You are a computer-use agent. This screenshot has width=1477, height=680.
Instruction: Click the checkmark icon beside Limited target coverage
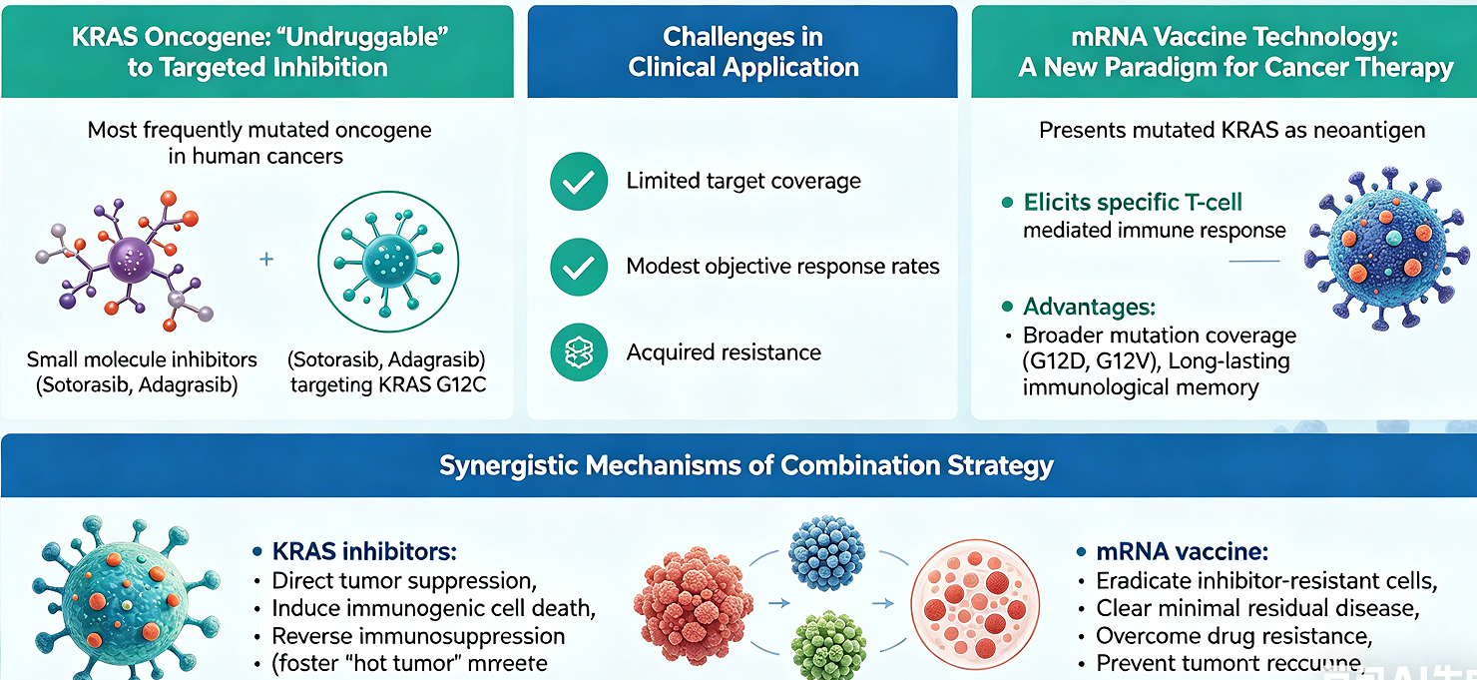pyautogui.click(x=579, y=182)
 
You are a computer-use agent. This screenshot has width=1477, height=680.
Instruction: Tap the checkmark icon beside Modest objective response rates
pyautogui.click(x=579, y=267)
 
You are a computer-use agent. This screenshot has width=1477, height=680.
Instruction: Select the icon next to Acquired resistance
pyautogui.click(x=579, y=352)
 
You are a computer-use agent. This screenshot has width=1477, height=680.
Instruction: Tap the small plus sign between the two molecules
pyautogui.click(x=266, y=260)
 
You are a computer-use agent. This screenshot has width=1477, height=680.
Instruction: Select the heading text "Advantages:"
pyautogui.click(x=1089, y=308)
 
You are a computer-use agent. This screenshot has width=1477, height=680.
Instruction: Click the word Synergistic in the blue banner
pyautogui.click(x=508, y=465)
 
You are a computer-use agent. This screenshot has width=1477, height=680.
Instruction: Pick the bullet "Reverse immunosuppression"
pyautogui.click(x=418, y=636)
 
